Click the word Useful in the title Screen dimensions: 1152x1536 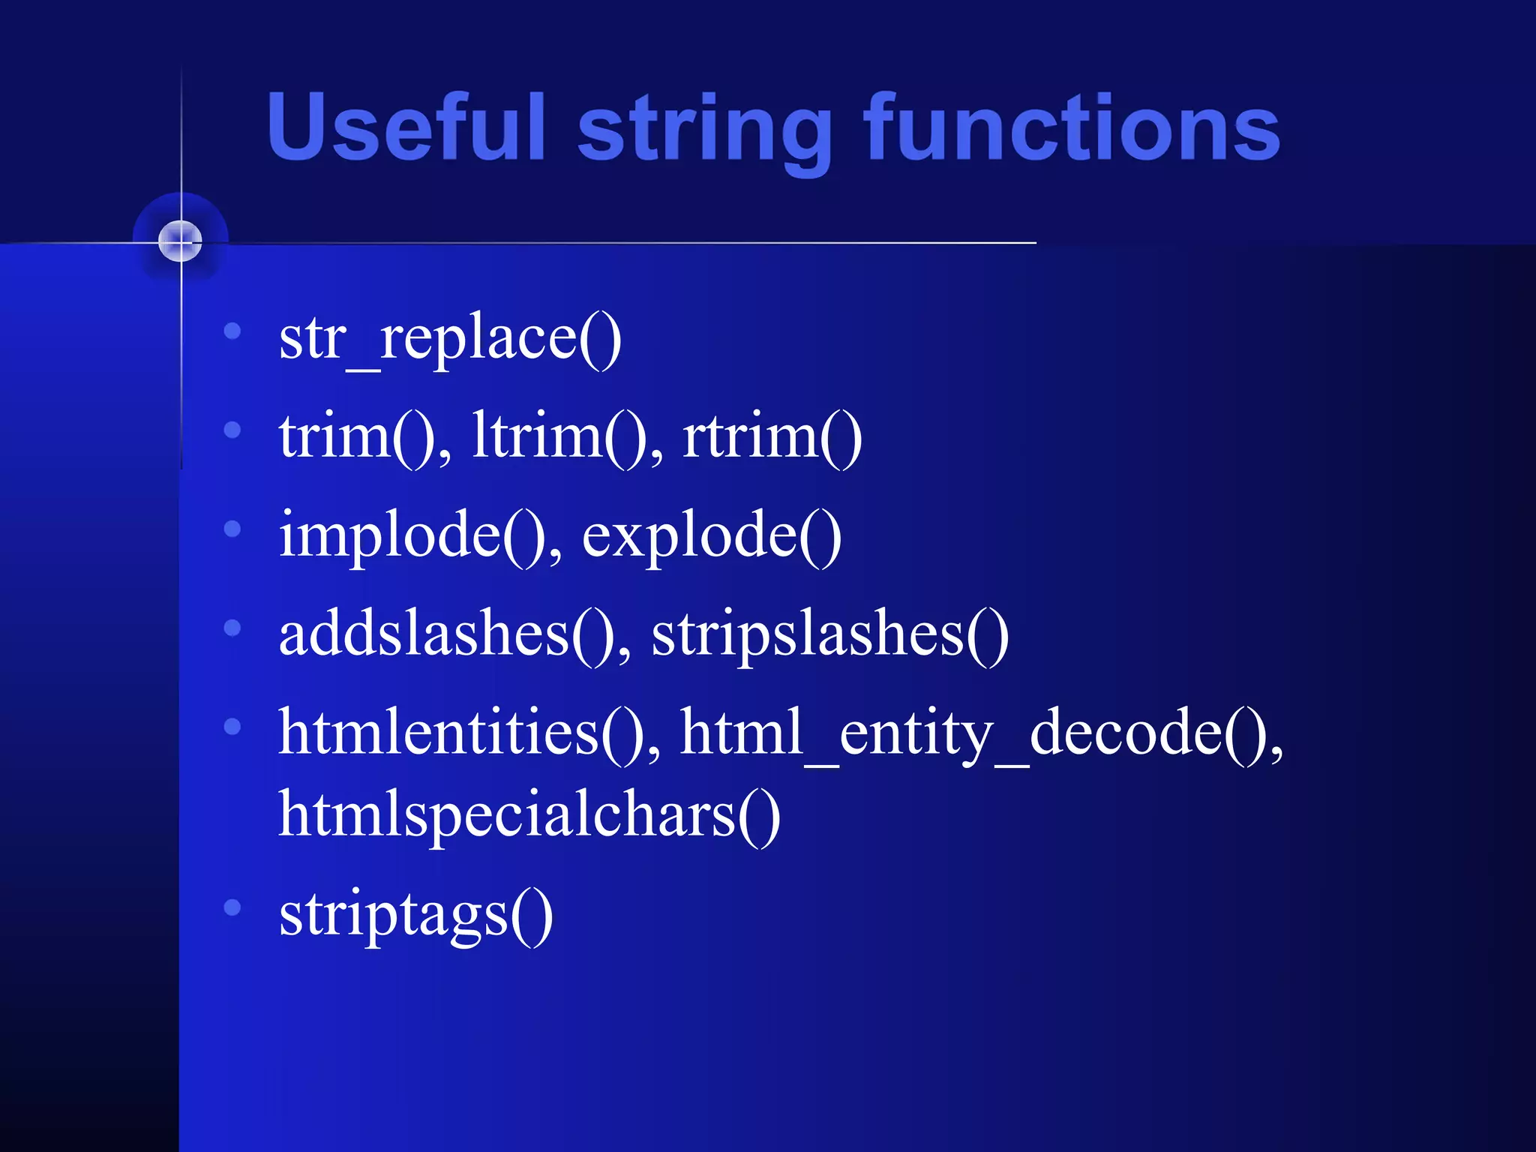point(405,127)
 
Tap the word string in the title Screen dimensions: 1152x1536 point(705,131)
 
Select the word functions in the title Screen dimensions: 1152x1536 point(1072,127)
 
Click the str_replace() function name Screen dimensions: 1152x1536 point(450,339)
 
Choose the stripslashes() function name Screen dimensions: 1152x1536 point(829,634)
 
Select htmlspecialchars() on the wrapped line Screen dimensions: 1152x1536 point(529,815)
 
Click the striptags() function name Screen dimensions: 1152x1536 point(415,914)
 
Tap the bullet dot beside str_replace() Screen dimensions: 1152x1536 point(232,331)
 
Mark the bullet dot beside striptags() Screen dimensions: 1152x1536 point(232,907)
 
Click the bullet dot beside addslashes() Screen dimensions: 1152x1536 point(232,628)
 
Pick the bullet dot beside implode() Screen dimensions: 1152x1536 point(232,529)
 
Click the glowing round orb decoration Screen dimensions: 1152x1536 point(181,241)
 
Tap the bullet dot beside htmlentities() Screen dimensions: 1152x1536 point(232,726)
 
